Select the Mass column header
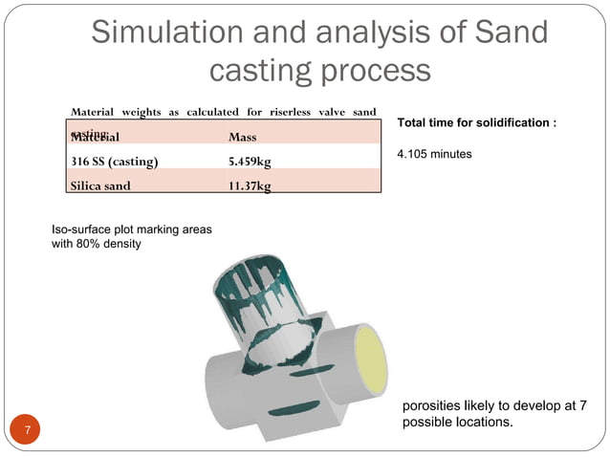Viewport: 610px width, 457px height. (242, 137)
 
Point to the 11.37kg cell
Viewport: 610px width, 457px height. (249, 185)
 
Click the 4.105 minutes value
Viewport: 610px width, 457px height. (434, 153)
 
